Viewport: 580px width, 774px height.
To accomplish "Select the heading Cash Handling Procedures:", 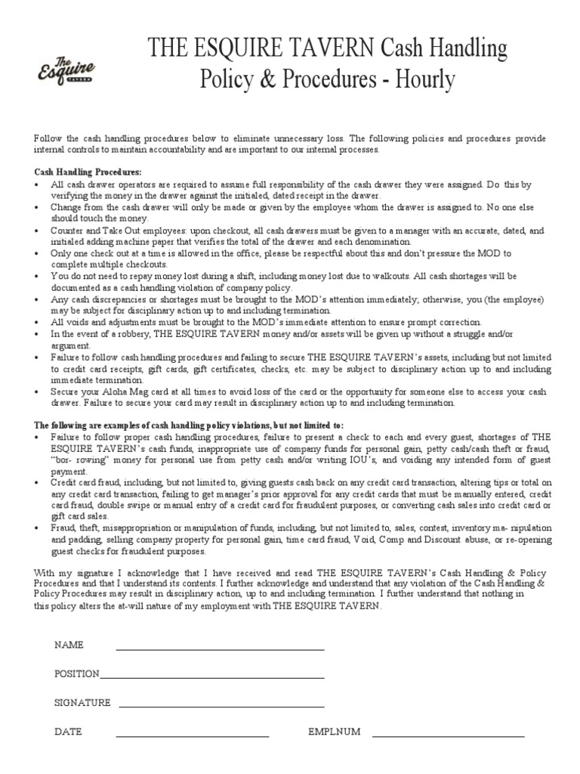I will (88, 172).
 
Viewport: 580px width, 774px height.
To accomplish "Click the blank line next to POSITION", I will (212, 676).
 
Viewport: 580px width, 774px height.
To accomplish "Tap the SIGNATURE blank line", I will (221, 705).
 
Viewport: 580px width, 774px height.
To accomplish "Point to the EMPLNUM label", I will (334, 732).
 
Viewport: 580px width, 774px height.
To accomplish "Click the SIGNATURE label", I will (82, 703).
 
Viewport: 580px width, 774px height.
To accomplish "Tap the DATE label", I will (68, 732).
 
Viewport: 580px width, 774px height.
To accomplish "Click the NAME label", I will (69, 646).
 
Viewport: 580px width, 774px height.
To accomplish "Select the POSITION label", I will (76, 674).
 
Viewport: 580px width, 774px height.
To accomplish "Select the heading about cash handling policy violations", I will (189, 426).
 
